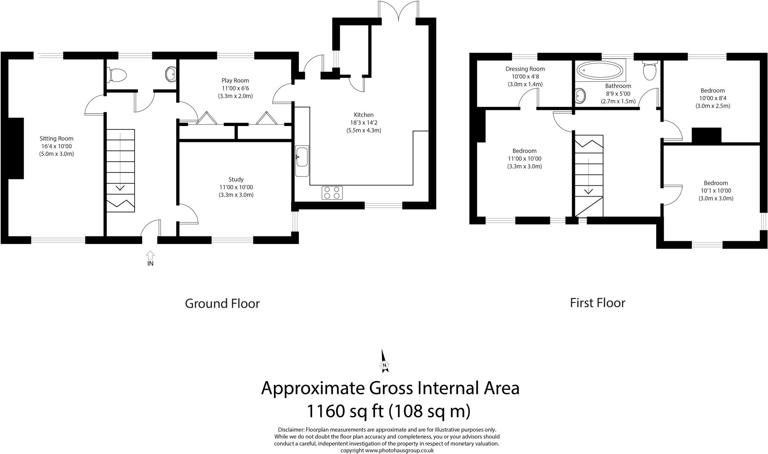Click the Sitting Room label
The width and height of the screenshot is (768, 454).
point(57,138)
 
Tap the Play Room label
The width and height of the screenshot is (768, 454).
point(235,80)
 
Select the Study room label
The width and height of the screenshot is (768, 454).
point(236,179)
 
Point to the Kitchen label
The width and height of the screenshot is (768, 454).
point(364,115)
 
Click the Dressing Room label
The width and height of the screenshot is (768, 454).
point(525,69)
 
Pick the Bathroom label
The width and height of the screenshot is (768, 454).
point(618,86)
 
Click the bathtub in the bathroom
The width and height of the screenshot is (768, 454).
point(600,70)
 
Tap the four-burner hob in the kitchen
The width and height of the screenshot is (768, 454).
point(332,193)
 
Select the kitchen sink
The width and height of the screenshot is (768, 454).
point(301,161)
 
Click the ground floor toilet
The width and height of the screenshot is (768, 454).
point(117,75)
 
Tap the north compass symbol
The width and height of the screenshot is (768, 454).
point(384,361)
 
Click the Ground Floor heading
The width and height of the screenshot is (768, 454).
point(222,303)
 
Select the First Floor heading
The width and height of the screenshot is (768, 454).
point(597,303)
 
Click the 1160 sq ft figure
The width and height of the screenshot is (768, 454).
point(345,411)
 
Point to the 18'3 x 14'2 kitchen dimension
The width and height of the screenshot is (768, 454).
point(364,123)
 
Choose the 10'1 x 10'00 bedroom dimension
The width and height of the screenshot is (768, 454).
point(716,191)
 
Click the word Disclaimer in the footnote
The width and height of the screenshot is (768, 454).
point(291,430)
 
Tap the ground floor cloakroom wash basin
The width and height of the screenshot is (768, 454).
point(171,74)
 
